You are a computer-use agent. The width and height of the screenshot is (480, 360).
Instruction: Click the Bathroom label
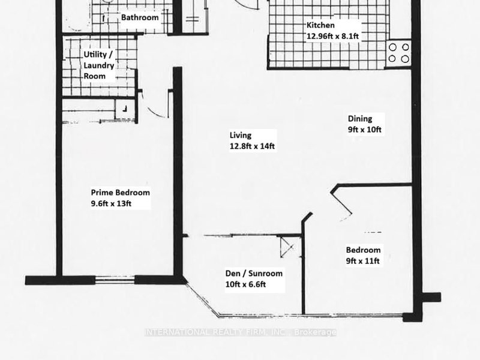pyautogui.click(x=140, y=18)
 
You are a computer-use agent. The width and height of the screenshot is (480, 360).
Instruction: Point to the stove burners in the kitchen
pyautogui.click(x=399, y=53)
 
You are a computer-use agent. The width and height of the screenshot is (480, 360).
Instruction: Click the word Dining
pyautogui.click(x=360, y=119)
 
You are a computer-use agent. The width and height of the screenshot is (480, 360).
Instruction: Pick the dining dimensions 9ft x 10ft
pyautogui.click(x=365, y=129)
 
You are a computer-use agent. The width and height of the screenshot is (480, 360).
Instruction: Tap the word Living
pyautogui.click(x=240, y=135)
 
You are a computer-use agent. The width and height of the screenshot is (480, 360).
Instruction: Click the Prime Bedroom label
pyautogui.click(x=120, y=193)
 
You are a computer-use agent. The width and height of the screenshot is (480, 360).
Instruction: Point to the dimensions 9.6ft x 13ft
pyautogui.click(x=111, y=203)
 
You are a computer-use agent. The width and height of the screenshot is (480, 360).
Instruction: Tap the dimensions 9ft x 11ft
pyautogui.click(x=363, y=261)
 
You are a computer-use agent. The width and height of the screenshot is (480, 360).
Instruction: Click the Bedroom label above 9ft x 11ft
pyautogui.click(x=363, y=250)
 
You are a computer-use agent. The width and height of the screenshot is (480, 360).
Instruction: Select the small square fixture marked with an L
pyautogui.click(x=125, y=109)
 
